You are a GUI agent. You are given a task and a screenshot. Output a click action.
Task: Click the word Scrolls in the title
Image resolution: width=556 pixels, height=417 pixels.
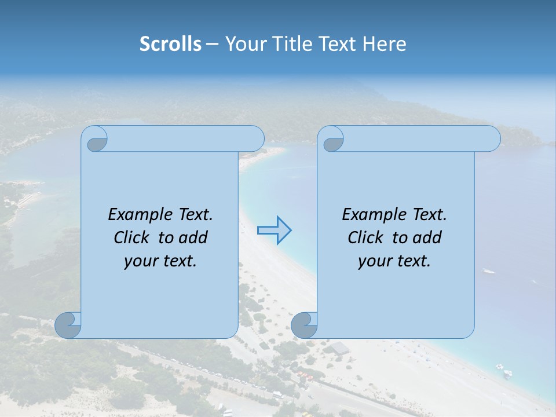coord(170,44)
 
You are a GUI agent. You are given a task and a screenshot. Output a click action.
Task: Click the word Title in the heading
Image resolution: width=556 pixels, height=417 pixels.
coord(288,44)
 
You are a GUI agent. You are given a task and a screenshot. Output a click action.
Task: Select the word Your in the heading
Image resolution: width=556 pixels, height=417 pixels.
coord(244,44)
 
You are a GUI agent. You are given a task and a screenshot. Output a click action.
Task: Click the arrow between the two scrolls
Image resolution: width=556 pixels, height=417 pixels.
coord(275,231)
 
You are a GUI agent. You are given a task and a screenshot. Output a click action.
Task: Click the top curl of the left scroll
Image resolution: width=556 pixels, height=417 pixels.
coord(96,140)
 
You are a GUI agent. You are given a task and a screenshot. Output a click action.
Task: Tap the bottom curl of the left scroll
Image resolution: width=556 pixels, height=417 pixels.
coord(68,325)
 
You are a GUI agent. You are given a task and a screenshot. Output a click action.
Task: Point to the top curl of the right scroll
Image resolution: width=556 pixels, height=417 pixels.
coord(332,140)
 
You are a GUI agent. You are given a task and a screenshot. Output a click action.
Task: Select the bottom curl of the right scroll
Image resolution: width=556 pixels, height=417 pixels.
coord(304,325)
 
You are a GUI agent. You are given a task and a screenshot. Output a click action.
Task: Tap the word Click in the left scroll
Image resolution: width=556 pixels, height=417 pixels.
coord(133,237)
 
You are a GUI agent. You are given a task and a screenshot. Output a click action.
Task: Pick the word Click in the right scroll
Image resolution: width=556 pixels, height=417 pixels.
coord(366,237)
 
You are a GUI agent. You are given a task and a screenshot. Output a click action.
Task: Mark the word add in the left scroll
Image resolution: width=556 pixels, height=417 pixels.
coord(194,237)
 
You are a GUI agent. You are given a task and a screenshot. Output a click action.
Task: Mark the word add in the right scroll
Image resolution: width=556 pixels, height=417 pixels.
coord(428,237)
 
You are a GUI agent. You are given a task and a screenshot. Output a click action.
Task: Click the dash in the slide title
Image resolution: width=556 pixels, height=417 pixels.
coord(213,44)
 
